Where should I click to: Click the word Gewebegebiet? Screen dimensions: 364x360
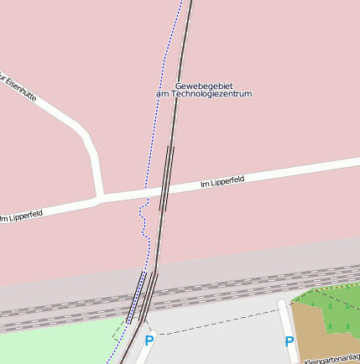tap(203, 86)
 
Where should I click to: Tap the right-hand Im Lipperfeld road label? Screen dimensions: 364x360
tap(222, 180)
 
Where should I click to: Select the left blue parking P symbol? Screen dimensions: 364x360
tap(149, 341)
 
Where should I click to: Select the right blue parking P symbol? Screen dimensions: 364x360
tap(290, 341)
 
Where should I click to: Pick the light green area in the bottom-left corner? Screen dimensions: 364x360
tap(50, 346)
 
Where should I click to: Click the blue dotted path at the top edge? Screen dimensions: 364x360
tap(179, 4)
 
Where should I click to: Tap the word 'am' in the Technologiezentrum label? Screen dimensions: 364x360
tap(163, 94)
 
